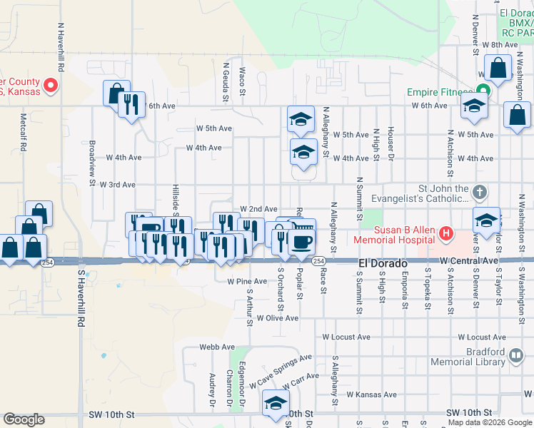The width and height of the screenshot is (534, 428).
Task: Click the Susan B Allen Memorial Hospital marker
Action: (x=446, y=233)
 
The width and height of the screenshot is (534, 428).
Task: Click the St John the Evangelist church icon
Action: (x=480, y=193)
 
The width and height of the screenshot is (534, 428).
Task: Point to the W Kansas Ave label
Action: (x=371, y=394)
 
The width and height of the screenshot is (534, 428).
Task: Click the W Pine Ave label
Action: (x=247, y=282)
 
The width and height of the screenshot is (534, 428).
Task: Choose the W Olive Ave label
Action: (x=278, y=318)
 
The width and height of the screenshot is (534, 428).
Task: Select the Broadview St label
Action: (x=93, y=152)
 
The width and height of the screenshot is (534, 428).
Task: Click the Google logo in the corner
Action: (x=24, y=419)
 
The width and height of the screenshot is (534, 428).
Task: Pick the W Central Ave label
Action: (x=468, y=261)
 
